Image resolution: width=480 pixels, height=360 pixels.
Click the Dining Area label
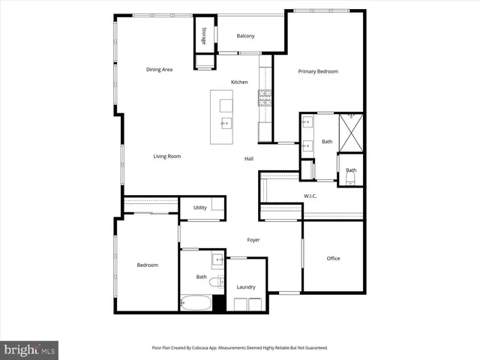159,70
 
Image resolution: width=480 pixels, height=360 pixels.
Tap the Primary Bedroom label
318,72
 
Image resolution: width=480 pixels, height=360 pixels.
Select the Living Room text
167,157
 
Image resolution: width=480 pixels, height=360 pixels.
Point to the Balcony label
245,37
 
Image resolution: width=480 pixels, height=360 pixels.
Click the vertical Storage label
203,36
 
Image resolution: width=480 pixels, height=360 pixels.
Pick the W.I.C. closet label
310,196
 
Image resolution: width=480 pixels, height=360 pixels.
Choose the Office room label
333,259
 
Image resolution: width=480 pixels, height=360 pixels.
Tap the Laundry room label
245,287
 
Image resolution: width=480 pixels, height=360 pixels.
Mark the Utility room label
199,208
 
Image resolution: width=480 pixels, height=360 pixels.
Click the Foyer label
253,240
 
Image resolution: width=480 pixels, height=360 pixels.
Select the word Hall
248,159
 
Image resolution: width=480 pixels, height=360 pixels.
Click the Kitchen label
239,82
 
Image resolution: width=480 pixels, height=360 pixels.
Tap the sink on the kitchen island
224,122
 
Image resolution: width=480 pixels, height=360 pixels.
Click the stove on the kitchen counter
265,95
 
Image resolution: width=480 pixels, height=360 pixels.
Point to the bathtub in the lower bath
196,304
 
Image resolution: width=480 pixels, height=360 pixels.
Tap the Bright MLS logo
29,349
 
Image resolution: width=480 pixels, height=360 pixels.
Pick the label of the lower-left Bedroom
147,265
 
